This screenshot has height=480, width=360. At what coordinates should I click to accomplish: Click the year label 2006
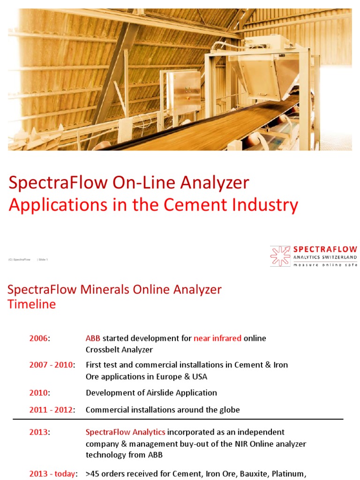pyautogui.click(x=38, y=338)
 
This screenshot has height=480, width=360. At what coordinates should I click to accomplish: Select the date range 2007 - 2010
pyautogui.click(x=51, y=365)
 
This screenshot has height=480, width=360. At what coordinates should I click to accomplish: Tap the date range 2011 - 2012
pyautogui.click(x=51, y=410)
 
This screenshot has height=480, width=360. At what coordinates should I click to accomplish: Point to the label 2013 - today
pyautogui.click(x=51, y=474)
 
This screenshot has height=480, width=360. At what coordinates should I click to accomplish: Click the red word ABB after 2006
pyautogui.click(x=93, y=338)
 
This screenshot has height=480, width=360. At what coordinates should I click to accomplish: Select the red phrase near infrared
pyautogui.click(x=217, y=338)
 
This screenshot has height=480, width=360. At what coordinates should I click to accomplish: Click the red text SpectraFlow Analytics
pyautogui.click(x=125, y=432)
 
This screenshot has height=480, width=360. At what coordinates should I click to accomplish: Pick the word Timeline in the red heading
pyautogui.click(x=32, y=304)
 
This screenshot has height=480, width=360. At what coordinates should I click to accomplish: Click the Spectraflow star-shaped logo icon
pyautogui.click(x=280, y=256)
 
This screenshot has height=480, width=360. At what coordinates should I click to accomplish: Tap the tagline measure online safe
pyautogui.click(x=325, y=265)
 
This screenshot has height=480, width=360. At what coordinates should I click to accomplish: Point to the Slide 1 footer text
pyautogui.click(x=43, y=259)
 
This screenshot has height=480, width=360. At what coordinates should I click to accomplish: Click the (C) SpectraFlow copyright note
pyautogui.click(x=19, y=259)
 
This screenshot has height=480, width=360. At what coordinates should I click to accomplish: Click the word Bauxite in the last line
pyautogui.click(x=255, y=474)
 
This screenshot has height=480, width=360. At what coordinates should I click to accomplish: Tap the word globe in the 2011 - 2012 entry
pyautogui.click(x=229, y=410)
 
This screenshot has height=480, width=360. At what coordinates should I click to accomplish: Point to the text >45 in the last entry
pyautogui.click(x=92, y=474)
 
